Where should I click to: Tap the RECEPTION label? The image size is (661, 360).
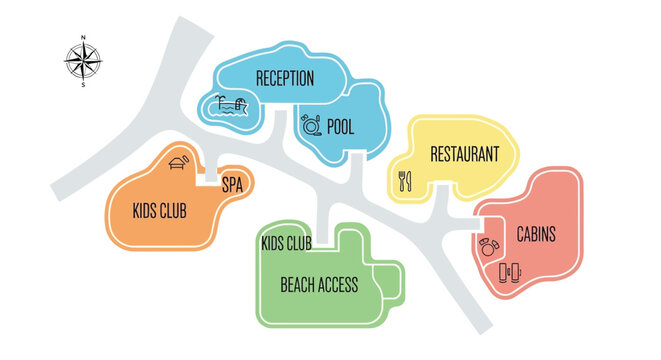click(x=285, y=78)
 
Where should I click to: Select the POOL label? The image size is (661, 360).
click(x=341, y=127)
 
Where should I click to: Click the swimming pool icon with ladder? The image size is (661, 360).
click(x=232, y=105)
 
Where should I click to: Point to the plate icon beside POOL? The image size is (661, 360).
click(x=310, y=126)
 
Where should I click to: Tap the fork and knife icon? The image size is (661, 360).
click(x=406, y=181)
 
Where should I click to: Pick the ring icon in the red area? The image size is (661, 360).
click(x=488, y=246)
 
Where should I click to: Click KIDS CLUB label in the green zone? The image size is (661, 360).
click(x=286, y=243)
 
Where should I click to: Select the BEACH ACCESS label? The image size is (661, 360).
click(x=318, y=285)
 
